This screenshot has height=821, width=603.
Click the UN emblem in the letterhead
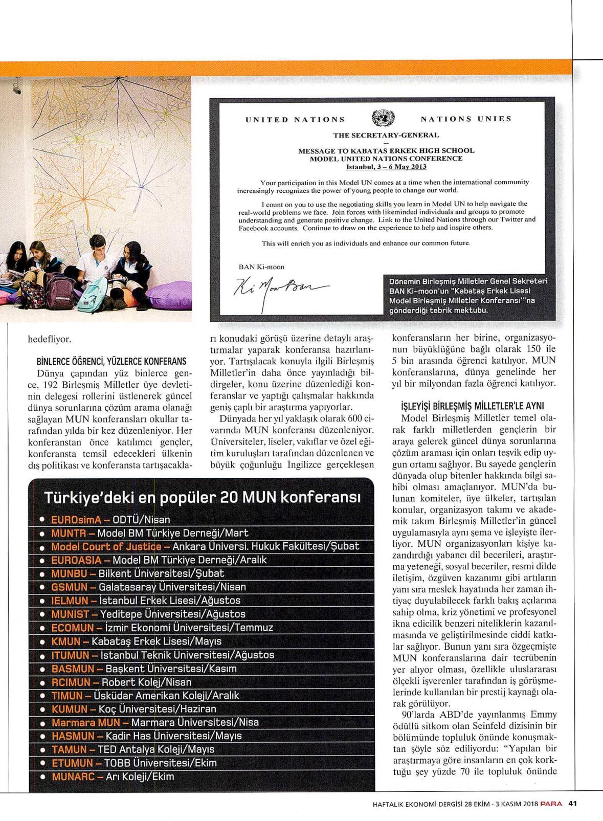pos(382,119)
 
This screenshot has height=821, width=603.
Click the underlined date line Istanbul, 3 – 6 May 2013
pos(386,167)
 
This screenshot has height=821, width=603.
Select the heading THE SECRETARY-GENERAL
pos(386,136)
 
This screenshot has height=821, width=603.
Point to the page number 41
pos(573,803)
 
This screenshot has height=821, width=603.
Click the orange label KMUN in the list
pos(66,641)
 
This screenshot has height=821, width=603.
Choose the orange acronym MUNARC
pos(73,776)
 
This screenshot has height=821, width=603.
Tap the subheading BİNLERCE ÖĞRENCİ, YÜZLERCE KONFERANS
pos(107,361)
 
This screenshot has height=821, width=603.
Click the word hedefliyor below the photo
pos(50,339)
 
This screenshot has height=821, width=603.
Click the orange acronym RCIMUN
pos(72,682)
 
